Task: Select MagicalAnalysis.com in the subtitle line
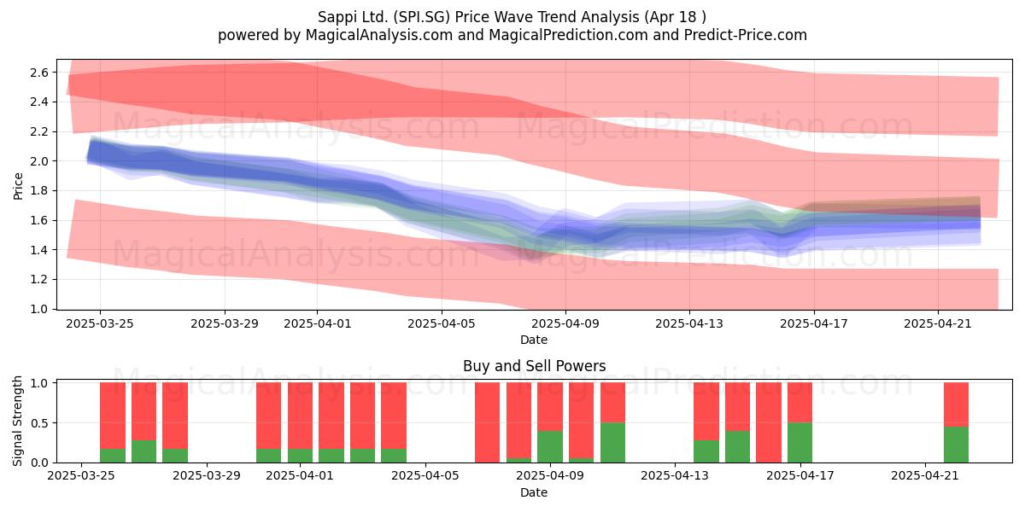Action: (x=379, y=35)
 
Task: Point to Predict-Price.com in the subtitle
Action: (x=746, y=35)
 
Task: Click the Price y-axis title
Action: (x=18, y=186)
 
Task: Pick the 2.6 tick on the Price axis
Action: (x=39, y=73)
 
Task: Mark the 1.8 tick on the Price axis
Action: (x=39, y=190)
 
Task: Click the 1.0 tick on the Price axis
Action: (x=39, y=309)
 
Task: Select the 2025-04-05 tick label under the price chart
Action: (x=442, y=323)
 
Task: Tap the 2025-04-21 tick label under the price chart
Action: (x=938, y=323)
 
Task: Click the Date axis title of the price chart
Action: (x=534, y=340)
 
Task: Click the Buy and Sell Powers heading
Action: (x=534, y=366)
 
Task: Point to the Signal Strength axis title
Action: (x=17, y=421)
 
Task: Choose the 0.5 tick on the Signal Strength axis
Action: (x=39, y=423)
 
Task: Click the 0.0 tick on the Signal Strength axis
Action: (x=39, y=463)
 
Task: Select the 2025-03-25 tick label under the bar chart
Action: (x=81, y=476)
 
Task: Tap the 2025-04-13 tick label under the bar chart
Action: (x=675, y=476)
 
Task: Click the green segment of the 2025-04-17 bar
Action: (x=799, y=443)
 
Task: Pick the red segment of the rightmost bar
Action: (x=956, y=404)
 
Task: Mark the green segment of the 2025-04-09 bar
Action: (x=550, y=446)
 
